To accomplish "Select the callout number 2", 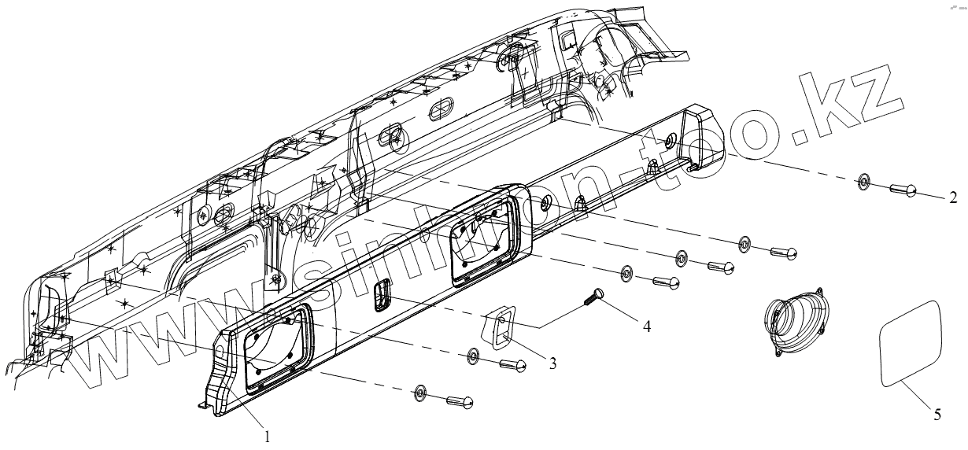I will pos(953,196).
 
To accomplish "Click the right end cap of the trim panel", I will pos(705,139).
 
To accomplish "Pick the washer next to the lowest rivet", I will pos(421,392).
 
